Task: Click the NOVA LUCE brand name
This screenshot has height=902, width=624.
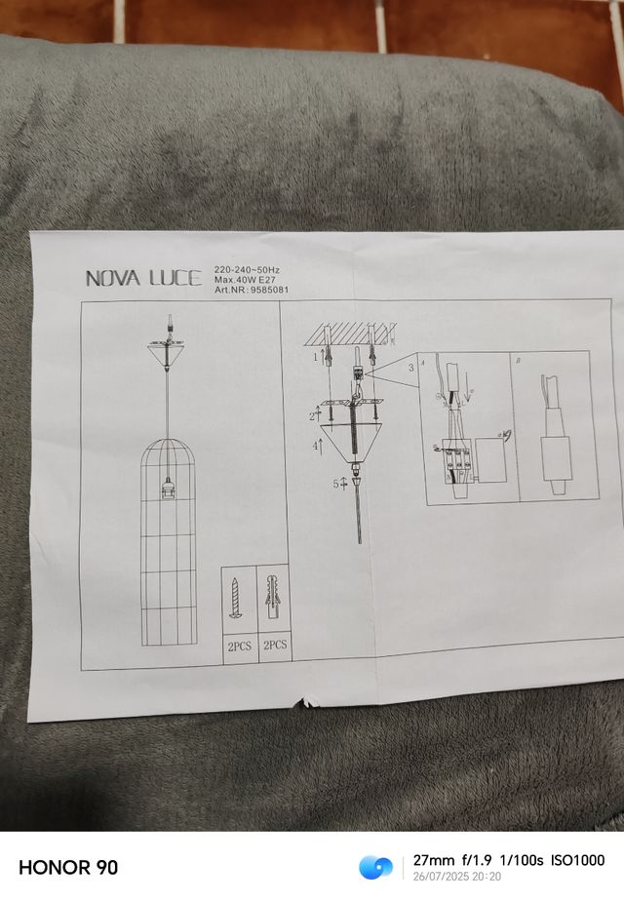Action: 144,278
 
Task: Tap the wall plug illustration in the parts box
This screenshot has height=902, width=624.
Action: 273,597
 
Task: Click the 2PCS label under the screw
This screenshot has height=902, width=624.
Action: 239,645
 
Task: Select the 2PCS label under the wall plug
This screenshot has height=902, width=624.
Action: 274,645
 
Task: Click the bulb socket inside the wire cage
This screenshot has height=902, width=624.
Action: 169,489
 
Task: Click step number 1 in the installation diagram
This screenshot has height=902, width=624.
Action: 315,358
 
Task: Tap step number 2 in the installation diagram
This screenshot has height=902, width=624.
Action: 312,416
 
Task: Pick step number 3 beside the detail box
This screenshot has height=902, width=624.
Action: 410,368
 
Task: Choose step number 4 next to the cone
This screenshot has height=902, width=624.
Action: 315,445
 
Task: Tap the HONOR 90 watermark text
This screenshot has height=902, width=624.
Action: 68,867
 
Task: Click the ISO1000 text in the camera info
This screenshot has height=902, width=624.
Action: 577,860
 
